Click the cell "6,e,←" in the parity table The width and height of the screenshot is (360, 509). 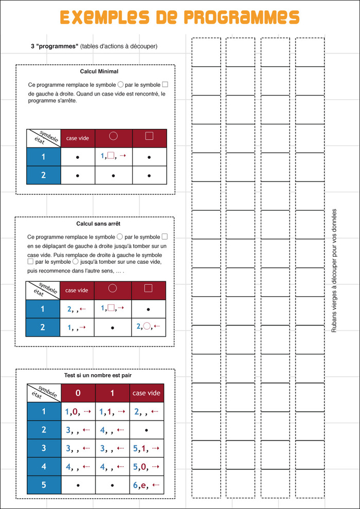pos(147,484)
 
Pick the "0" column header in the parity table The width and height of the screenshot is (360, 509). pos(78,393)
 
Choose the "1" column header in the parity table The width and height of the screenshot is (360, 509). pos(113,393)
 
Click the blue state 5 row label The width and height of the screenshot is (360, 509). pos(44,484)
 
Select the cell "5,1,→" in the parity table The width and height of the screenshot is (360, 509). pos(147,448)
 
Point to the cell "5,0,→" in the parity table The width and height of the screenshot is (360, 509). pos(147,467)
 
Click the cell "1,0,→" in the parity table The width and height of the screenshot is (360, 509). pos(78,411)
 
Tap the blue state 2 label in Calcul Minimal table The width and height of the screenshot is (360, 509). pos(44,175)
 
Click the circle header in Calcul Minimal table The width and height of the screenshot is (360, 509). pos(114,137)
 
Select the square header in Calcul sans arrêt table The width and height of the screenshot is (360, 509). pos(148,290)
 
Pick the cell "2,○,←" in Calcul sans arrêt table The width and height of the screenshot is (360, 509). pos(148,326)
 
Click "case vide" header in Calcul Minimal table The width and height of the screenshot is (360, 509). pos(78,138)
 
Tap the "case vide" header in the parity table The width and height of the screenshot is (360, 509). pos(147,393)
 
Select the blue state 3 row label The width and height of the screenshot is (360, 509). pos(44,448)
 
